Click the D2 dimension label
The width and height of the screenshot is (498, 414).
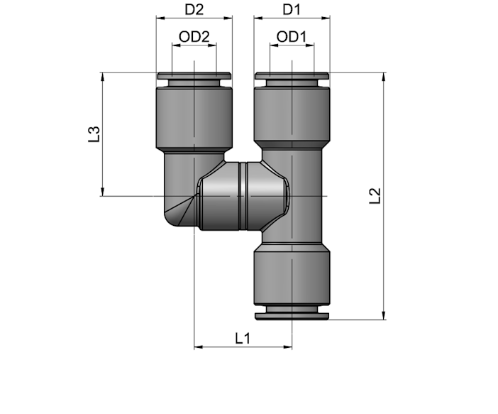pos(194,10)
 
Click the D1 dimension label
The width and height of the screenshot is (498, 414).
pos(292,10)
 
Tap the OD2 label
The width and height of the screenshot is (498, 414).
pos(194,37)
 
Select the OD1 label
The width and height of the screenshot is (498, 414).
pos(292,37)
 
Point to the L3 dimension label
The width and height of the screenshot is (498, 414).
pos(94,134)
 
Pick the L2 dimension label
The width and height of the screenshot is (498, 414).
pos(375,196)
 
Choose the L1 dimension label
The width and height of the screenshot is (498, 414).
pos(243,338)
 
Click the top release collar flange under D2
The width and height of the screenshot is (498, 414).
pos(194,76)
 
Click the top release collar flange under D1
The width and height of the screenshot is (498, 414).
pos(292,76)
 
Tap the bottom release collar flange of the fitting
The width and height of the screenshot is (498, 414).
pos(292,316)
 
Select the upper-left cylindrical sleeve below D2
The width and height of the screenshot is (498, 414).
pos(194,119)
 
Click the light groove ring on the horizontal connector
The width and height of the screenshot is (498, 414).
pos(243,196)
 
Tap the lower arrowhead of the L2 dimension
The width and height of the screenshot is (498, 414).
pos(384,315)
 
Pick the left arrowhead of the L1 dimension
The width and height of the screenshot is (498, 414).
pos(199,347)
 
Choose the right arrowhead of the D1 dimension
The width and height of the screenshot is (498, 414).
pos(326,18)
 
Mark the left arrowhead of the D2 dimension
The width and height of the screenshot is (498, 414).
pos(161,18)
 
